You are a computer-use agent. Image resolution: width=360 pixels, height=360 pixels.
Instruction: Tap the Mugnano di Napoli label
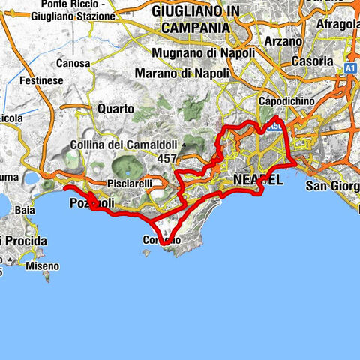click(202, 53)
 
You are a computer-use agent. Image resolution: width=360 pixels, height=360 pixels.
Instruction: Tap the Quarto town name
click(115, 109)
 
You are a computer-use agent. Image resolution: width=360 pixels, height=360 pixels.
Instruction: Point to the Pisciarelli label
click(134, 182)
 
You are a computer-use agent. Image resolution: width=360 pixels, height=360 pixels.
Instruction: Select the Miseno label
click(41, 266)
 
